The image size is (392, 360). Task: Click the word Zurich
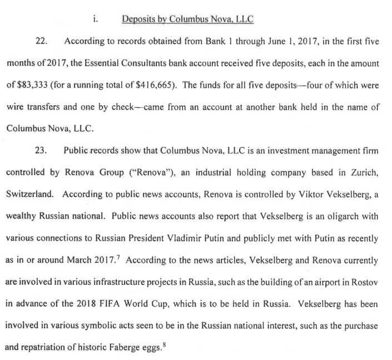pyautogui.click(x=366, y=172)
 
